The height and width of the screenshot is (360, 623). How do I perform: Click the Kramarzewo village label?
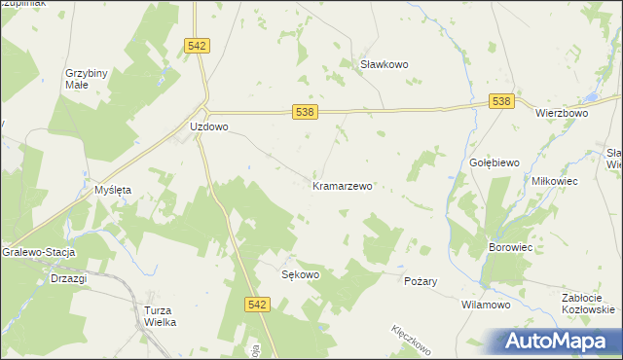click(343, 185)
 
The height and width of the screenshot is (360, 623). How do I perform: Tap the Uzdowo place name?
click(208, 127)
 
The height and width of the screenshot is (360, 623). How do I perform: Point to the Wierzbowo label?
click(562, 113)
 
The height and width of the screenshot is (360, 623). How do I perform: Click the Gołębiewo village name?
click(494, 162)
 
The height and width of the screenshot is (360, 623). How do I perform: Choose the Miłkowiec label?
click(555, 182)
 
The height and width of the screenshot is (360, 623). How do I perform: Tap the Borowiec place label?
click(510, 248)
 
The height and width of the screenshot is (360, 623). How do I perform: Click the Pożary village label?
click(421, 281)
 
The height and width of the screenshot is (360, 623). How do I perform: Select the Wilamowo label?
click(486, 305)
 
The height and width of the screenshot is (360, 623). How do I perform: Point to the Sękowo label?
click(300, 274)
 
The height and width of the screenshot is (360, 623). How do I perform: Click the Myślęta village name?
click(112, 190)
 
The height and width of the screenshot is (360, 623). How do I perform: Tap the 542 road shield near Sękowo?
click(256, 305)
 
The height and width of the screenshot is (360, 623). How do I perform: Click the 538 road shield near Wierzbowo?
click(500, 101)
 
